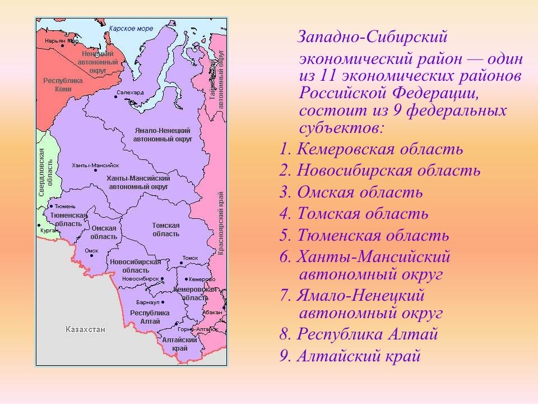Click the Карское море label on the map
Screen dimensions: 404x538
tap(131, 28)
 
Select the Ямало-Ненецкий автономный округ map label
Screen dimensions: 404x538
tap(163, 134)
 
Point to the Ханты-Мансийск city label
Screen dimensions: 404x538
tap(95, 166)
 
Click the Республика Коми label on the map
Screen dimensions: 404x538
tap(63, 85)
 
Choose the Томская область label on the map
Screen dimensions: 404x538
tap(166, 229)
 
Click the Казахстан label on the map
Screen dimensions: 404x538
tap(85, 329)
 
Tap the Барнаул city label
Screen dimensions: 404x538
tap(148, 302)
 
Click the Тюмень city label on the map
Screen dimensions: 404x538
tap(64, 206)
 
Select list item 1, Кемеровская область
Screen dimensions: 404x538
tap(380, 149)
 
